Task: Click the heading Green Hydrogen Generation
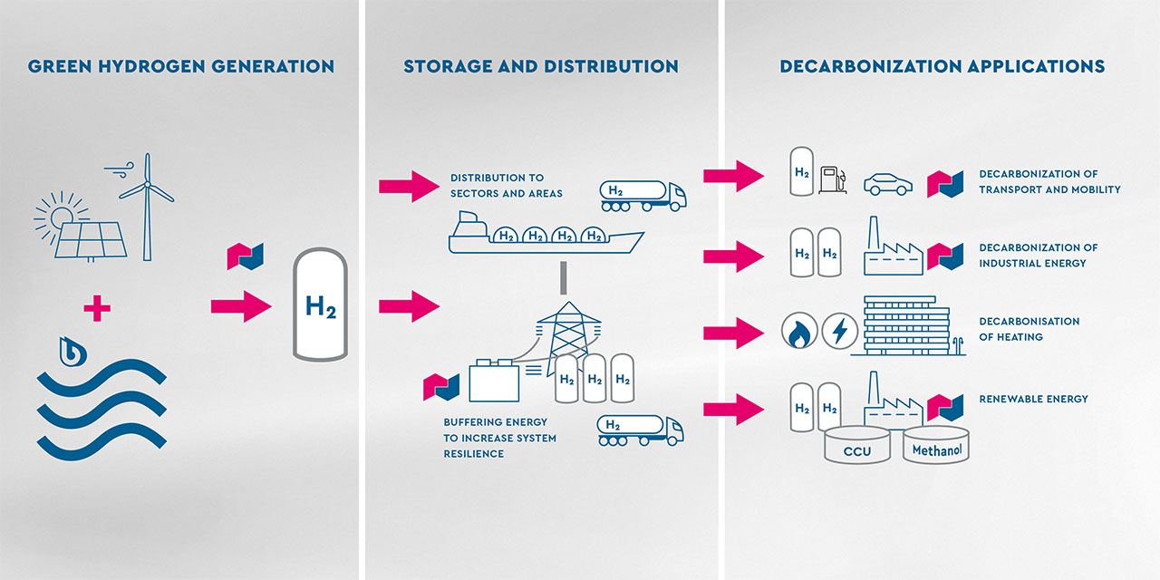point(181,66)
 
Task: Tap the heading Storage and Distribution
point(541,66)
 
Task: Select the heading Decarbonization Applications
point(942,66)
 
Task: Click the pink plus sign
point(97,309)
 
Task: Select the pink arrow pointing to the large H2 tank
point(241,306)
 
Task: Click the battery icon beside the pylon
point(494,381)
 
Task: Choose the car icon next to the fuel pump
point(887,184)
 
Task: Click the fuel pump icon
point(831,179)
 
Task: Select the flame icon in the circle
point(799,333)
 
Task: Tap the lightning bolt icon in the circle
point(840,333)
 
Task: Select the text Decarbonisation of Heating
point(1029,329)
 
